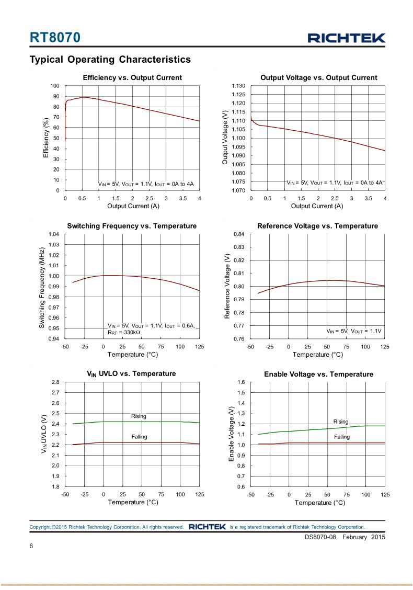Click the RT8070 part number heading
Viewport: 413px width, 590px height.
pos(55,38)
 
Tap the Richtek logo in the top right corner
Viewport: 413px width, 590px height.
pos(346,38)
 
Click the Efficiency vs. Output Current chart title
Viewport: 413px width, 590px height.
pos(132,77)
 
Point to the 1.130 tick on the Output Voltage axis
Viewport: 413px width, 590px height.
pos(238,86)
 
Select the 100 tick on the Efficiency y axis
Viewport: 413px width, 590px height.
pos(54,86)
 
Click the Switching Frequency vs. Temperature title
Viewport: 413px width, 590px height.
pos(132,226)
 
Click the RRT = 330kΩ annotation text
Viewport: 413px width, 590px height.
pos(124,332)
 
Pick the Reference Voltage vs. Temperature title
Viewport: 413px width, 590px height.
pos(317,226)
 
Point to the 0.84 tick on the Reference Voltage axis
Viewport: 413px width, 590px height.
pos(238,234)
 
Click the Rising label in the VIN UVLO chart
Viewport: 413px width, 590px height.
pos(139,416)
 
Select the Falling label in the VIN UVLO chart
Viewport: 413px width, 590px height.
pos(139,437)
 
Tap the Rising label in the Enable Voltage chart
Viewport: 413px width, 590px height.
pos(341,422)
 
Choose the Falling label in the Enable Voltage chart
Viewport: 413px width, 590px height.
pos(342,437)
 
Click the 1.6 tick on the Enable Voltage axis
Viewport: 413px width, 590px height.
pos(240,382)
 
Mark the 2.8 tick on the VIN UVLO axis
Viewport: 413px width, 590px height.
pos(55,382)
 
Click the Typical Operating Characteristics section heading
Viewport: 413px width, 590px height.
pos(110,60)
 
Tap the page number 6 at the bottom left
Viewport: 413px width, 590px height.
pos(31,547)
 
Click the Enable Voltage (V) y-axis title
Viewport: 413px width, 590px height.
pos(232,434)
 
